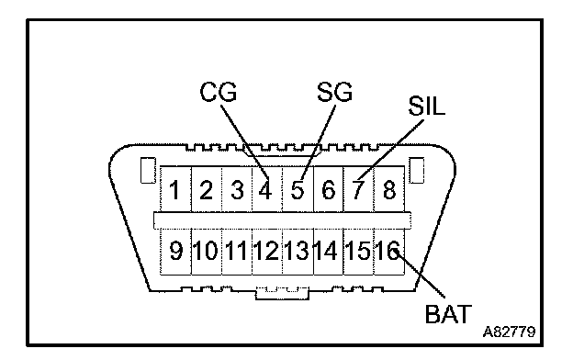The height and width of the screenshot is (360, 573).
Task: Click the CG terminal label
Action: [x=219, y=92]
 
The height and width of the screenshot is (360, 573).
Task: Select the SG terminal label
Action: [x=334, y=92]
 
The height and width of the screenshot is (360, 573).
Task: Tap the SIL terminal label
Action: [x=426, y=106]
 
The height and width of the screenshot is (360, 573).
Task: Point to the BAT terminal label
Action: [x=448, y=313]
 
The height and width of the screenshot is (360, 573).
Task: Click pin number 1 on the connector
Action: [x=174, y=190]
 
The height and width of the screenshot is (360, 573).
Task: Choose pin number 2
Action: [x=206, y=190]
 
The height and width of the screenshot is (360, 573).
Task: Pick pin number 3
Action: [x=237, y=190]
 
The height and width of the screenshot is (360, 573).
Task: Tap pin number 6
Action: [x=328, y=190]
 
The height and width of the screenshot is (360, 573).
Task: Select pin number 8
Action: [x=388, y=190]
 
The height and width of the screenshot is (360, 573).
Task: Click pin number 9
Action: [x=175, y=251]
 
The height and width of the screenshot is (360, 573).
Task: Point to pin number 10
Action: [x=206, y=251]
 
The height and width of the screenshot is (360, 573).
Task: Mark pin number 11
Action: [x=236, y=251]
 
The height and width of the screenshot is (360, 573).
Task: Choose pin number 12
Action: [x=266, y=251]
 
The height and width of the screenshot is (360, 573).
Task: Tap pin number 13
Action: [x=297, y=251]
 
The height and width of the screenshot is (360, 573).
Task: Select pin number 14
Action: [x=326, y=251]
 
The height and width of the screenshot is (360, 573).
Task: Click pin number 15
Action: [x=358, y=251]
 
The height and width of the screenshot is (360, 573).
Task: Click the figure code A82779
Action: [x=509, y=332]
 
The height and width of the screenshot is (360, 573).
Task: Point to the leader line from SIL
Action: [x=391, y=149]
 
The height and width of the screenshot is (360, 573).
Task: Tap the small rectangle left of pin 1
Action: [x=148, y=170]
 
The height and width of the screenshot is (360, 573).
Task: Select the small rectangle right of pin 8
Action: [x=416, y=170]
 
